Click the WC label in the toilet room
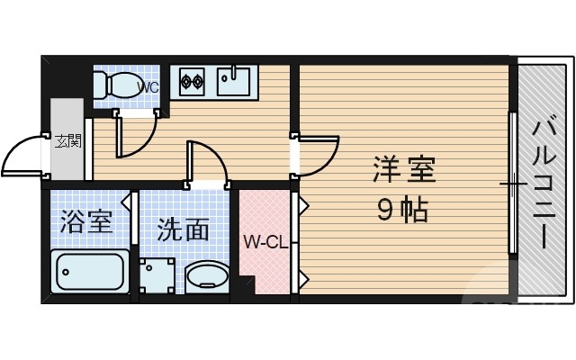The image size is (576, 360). tap(148, 88)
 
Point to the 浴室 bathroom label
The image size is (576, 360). tap(86, 221)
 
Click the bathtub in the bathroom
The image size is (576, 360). tap(89, 273)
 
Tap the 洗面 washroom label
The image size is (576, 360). tap(184, 230)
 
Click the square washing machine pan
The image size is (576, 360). tap(158, 276)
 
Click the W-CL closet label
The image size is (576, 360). tap(265, 241)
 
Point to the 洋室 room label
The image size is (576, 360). tap(404, 169)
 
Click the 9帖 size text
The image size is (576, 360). tap(402, 211)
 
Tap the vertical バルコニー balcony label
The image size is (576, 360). tap(544, 184)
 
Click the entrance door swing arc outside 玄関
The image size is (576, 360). tap(22, 155)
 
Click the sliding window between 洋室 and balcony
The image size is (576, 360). tap(512, 184)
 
